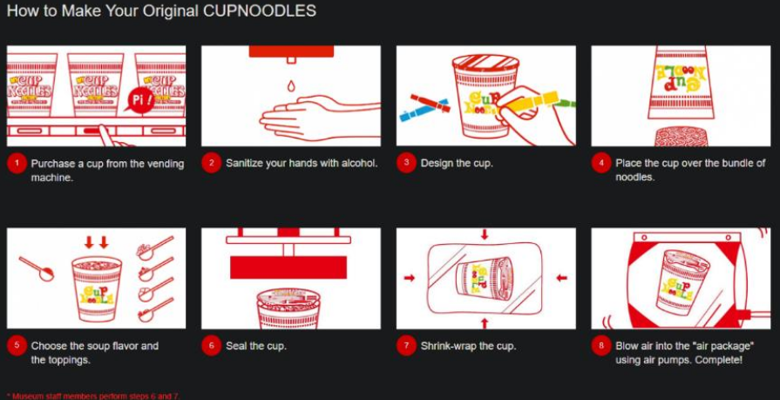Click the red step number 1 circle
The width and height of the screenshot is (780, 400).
[x=15, y=163]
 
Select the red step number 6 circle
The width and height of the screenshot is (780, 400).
[x=210, y=345]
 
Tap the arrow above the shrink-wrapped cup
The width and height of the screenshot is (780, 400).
[x=485, y=235]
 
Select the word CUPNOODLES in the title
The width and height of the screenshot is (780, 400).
[x=267, y=12]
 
